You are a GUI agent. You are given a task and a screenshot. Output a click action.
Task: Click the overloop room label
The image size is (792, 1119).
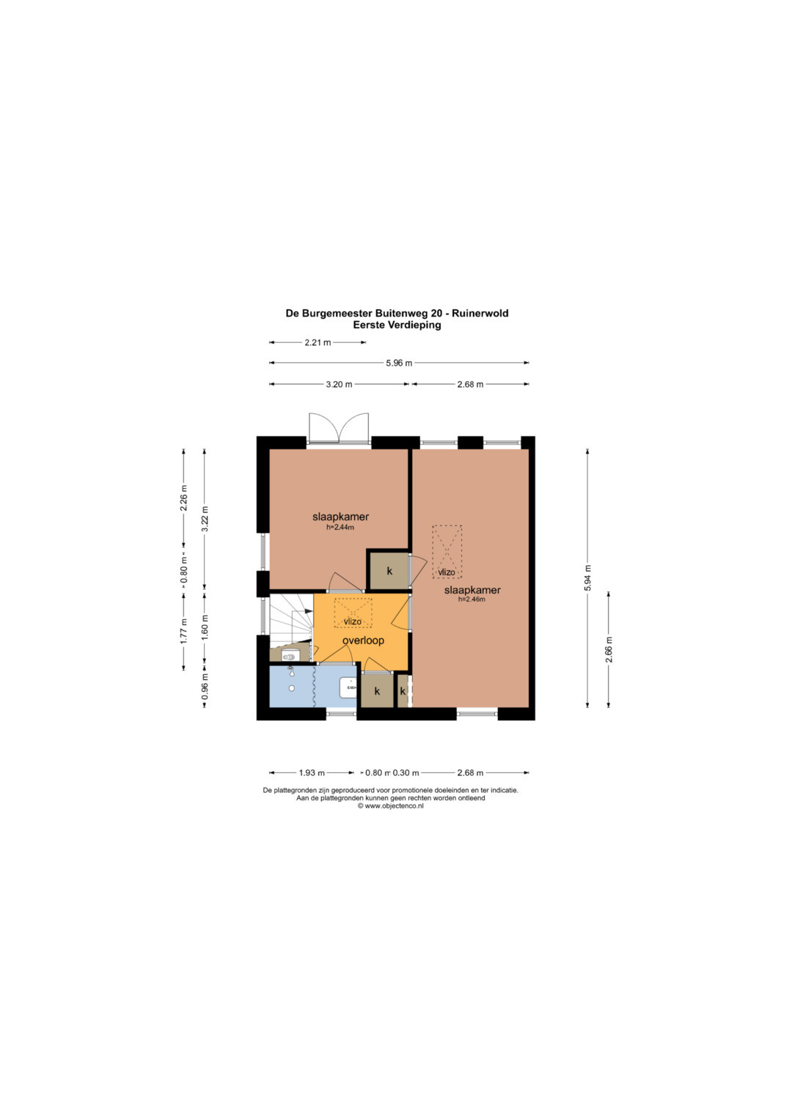click(x=363, y=640)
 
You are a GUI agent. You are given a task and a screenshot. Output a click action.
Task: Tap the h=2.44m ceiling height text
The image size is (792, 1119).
click(x=340, y=527)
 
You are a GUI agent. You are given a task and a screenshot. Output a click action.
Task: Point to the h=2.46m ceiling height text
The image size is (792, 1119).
click(x=472, y=599)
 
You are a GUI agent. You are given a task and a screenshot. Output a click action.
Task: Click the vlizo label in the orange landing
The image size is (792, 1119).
click(x=353, y=621)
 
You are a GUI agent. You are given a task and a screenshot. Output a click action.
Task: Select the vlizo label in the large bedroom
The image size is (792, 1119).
click(x=447, y=572)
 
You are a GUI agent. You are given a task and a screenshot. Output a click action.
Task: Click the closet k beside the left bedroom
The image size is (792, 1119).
click(x=389, y=571)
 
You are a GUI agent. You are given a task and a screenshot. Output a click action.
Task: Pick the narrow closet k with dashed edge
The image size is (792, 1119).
click(x=403, y=691)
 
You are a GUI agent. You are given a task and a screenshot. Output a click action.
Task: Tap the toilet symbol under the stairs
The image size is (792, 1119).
click(x=289, y=655)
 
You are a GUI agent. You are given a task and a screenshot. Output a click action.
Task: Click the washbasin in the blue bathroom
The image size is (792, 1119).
click(x=348, y=688)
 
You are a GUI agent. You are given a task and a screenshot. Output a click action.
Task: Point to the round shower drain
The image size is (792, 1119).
click(x=292, y=688)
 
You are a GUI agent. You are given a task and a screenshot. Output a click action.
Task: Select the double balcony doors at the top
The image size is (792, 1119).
click(x=339, y=428)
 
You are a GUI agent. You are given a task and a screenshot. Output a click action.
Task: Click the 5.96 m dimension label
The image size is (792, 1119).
click(x=399, y=363)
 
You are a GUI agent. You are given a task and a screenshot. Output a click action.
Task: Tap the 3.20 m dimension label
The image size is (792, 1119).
click(x=339, y=384)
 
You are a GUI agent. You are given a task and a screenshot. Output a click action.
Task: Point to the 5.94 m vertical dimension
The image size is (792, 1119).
click(x=588, y=578)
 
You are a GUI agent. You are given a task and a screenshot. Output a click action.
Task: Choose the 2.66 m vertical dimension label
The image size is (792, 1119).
click(x=609, y=649)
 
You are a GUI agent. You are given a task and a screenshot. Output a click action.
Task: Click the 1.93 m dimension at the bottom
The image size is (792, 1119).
click(x=312, y=773)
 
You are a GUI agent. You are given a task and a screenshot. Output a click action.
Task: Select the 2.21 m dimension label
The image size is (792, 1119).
click(x=318, y=343)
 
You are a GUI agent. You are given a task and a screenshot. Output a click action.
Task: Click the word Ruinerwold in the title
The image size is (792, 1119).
click(x=480, y=313)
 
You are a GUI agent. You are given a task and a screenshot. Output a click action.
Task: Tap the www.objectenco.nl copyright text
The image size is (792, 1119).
click(x=390, y=806)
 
